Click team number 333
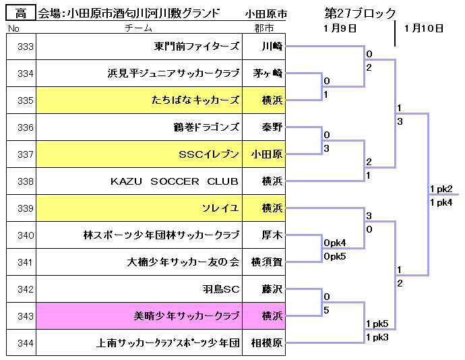(x=25, y=47)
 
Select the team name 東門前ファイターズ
(x=196, y=47)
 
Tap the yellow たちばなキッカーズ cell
(x=139, y=100)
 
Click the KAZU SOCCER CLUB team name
(x=175, y=181)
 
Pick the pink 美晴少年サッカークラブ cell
(x=139, y=316)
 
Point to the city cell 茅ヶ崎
(x=264, y=73)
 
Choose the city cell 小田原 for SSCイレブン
(x=264, y=154)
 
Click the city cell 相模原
(x=264, y=342)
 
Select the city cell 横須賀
(x=264, y=262)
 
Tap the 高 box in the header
(x=21, y=13)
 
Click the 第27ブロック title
(x=360, y=13)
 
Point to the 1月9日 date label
(x=340, y=28)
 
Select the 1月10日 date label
(x=424, y=28)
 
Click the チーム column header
(x=139, y=28)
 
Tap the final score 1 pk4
(x=441, y=202)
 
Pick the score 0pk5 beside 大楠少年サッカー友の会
(x=335, y=256)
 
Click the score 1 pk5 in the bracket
(x=377, y=324)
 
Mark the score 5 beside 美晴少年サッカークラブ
(x=326, y=310)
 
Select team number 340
(x=25, y=235)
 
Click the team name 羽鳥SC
(x=221, y=289)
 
